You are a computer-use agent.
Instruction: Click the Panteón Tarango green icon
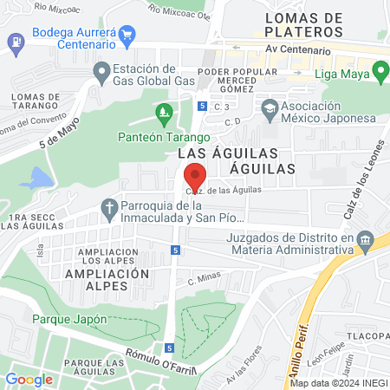point(163,111)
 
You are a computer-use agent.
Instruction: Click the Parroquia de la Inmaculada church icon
point(109,207)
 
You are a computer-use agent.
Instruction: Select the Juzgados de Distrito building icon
point(365,237)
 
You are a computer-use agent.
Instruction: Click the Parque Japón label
point(60,318)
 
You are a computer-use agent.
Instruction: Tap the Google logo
point(29,379)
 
